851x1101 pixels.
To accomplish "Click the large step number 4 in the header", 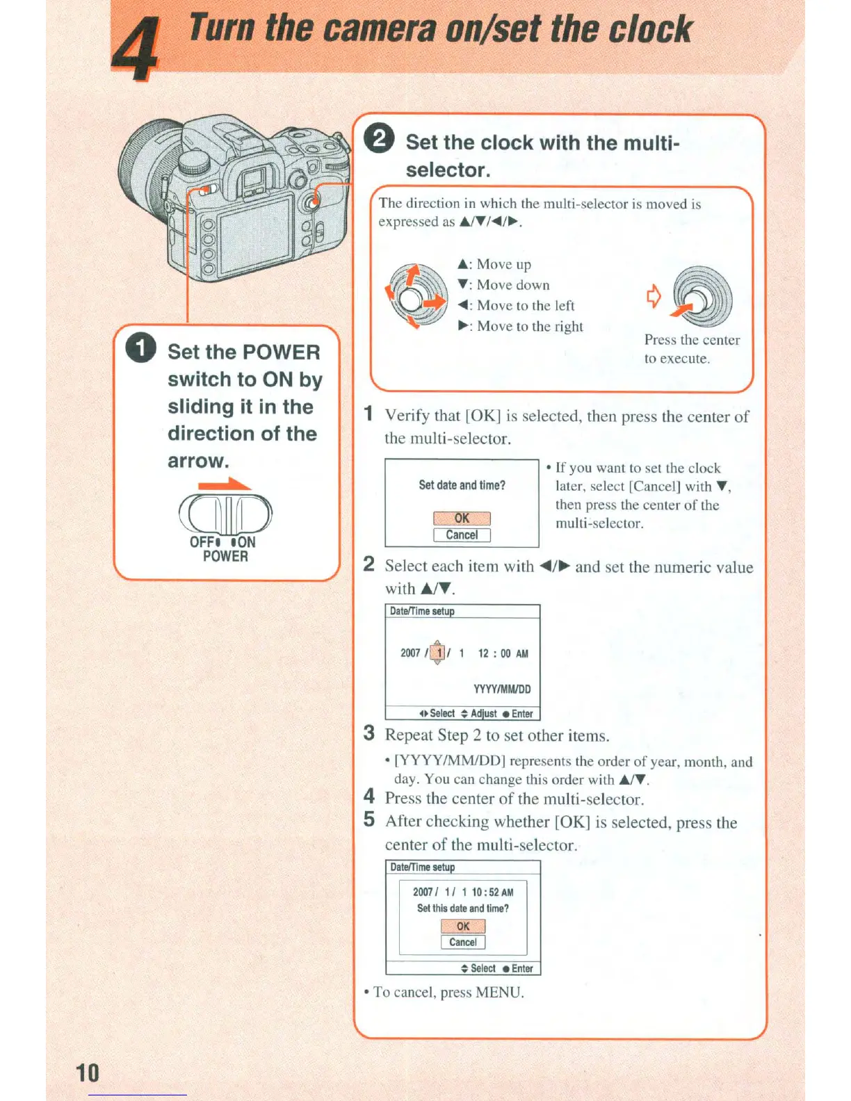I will (x=136, y=49).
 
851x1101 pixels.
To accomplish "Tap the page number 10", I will (x=88, y=1073).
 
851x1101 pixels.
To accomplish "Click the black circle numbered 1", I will (x=141, y=348).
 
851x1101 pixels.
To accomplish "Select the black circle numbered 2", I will (x=380, y=138).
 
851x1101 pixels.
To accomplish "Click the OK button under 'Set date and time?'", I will (x=462, y=519).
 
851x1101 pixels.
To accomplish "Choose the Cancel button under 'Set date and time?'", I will (x=462, y=535).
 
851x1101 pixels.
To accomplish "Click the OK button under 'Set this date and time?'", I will (x=463, y=926).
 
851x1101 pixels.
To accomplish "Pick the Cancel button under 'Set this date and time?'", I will (x=463, y=943).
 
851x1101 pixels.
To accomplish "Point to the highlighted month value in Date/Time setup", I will (x=439, y=653).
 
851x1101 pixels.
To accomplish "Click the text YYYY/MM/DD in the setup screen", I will (x=502, y=689).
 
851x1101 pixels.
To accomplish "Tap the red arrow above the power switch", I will (x=224, y=484).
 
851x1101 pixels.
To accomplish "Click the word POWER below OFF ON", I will (x=225, y=556).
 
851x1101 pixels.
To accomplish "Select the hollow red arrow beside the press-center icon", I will (x=654, y=297).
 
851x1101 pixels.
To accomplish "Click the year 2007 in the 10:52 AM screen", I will (x=423, y=892).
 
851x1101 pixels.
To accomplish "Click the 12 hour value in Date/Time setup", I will (x=483, y=653).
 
